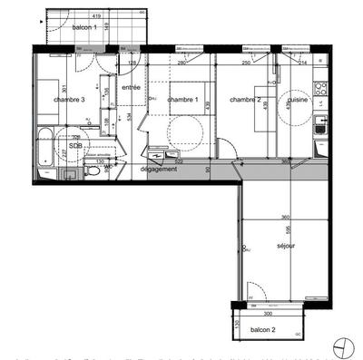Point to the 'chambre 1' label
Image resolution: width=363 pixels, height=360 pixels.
182,100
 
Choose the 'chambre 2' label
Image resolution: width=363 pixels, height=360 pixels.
245,99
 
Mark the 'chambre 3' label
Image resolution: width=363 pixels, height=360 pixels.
69,100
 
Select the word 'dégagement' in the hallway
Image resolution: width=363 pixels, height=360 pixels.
158,169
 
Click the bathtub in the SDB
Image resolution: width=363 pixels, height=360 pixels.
46,145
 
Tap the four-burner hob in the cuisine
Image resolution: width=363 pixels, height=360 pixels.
319,89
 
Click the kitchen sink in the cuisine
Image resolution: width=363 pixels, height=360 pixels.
319,129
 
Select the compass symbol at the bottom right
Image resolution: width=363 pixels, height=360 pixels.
340,345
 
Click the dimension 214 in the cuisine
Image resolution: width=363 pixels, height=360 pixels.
302,63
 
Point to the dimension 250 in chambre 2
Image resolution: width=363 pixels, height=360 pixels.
245,63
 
